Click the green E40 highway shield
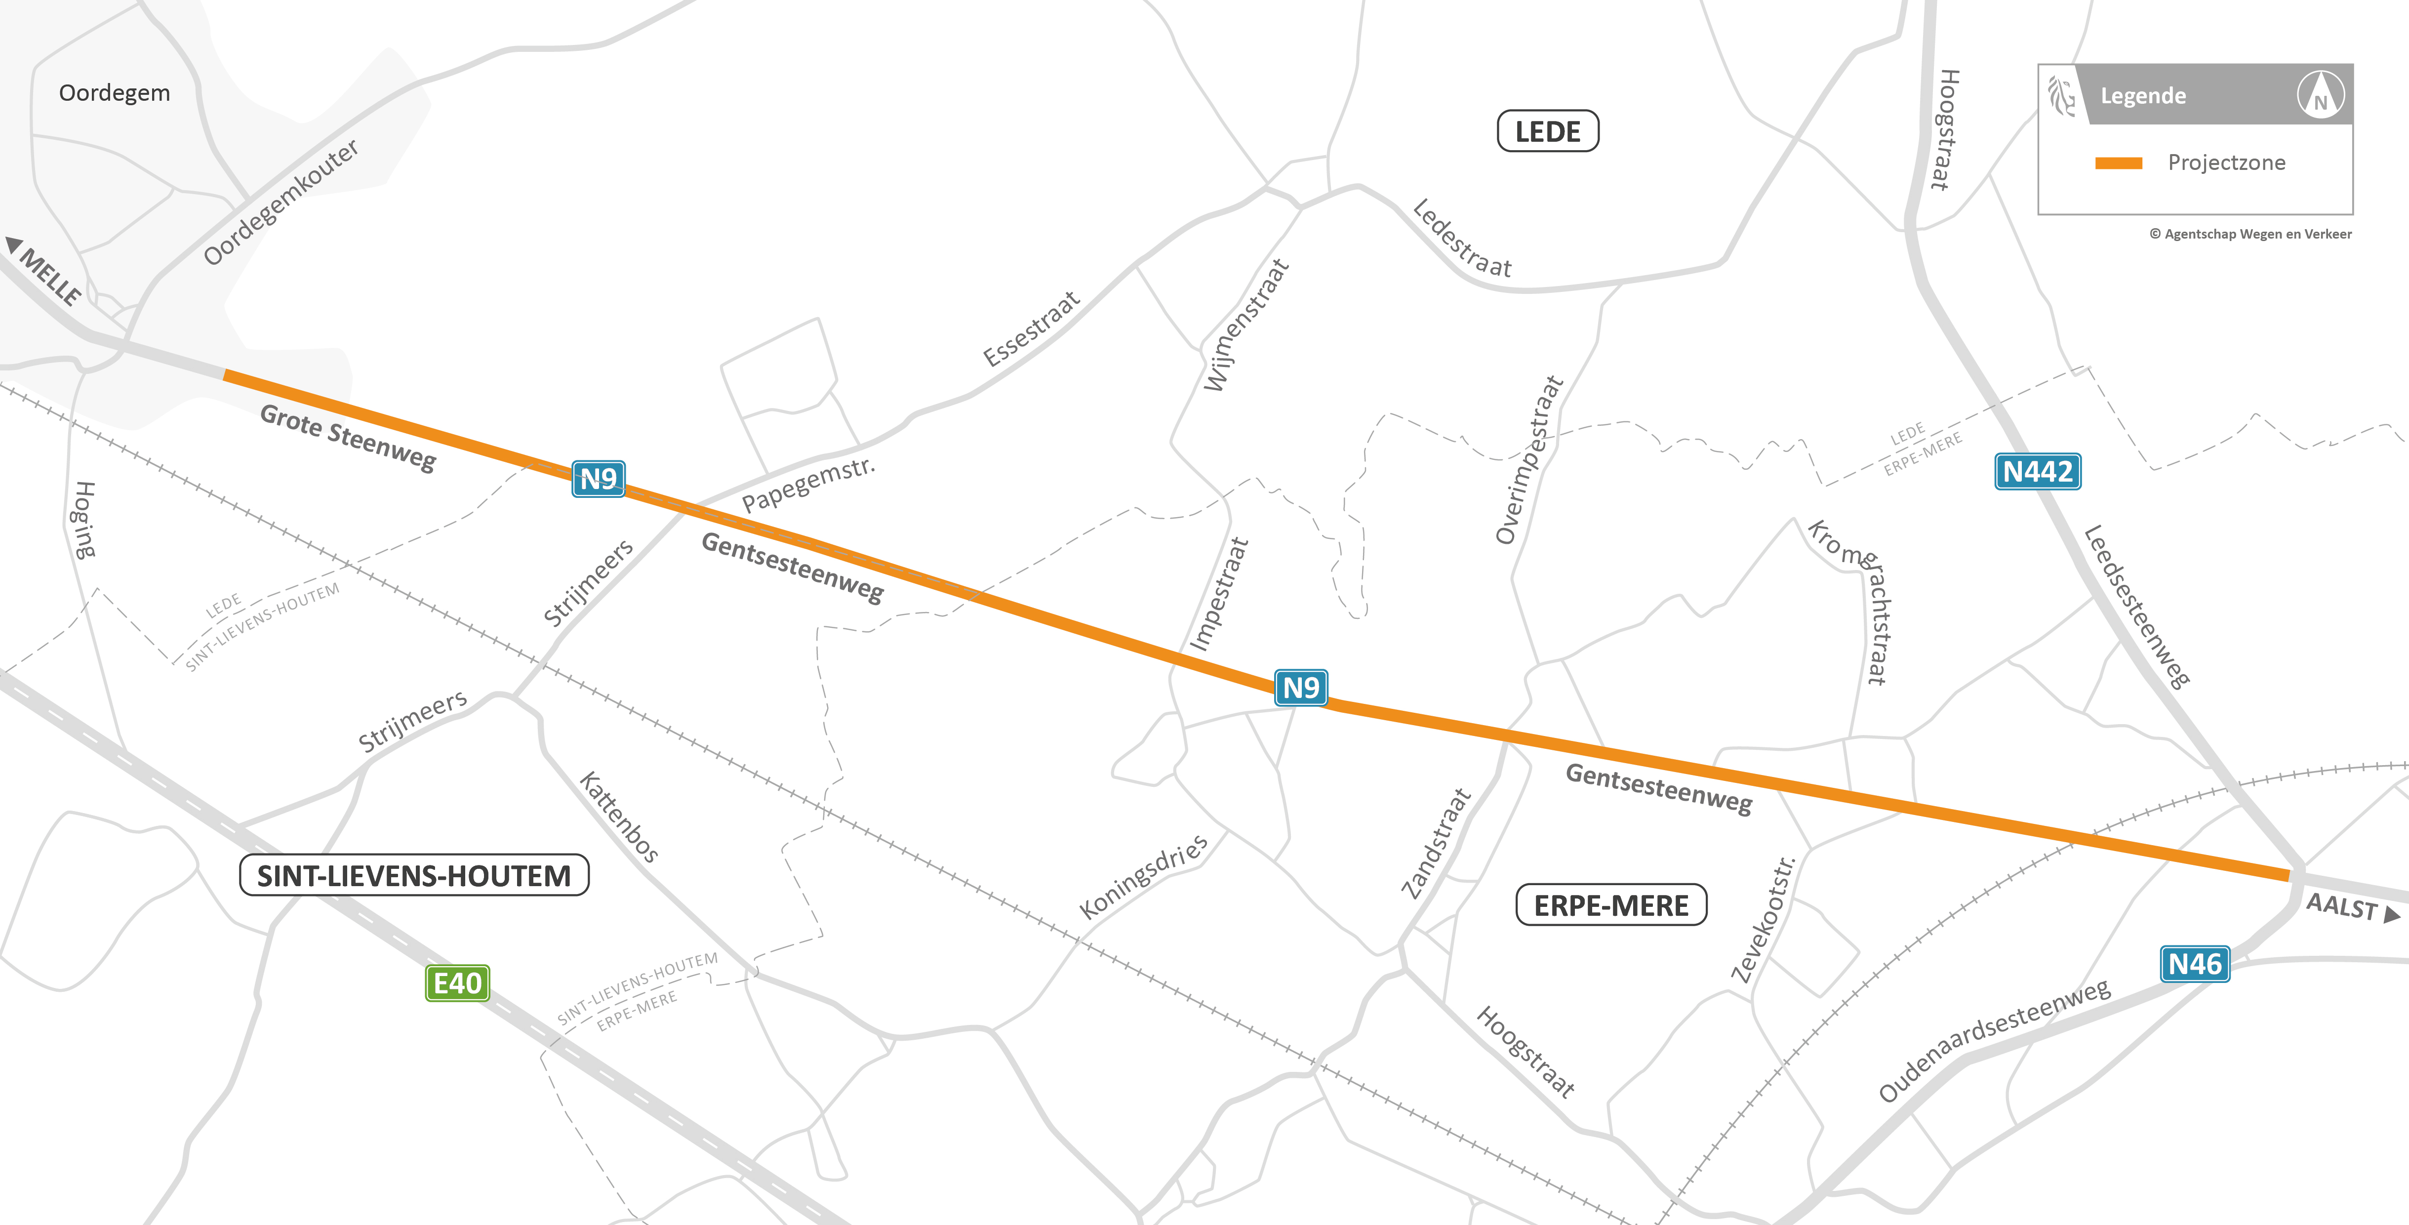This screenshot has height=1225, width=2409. (457, 983)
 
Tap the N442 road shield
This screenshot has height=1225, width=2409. (2038, 471)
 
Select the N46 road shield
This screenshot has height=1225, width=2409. (2194, 964)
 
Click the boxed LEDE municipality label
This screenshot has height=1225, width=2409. (1548, 132)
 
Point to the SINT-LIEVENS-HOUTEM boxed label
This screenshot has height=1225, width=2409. (414, 875)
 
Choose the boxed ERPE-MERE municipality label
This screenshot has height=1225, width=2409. (1610, 905)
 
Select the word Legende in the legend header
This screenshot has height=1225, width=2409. (2142, 95)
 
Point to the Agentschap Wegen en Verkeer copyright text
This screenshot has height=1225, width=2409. (2250, 234)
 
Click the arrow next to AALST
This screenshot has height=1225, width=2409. (2392, 914)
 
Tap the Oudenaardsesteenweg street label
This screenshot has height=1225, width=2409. (1994, 1040)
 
